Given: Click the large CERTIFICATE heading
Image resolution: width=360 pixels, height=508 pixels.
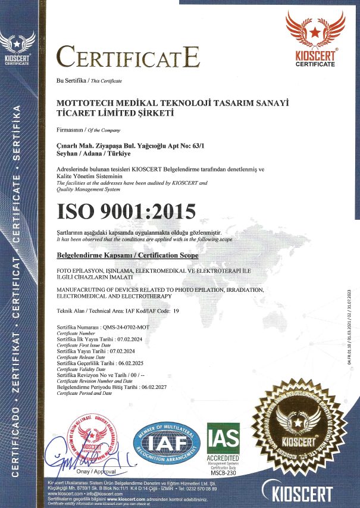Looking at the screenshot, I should tap(127, 57).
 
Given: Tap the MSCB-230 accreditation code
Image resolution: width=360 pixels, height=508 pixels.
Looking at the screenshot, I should tap(223, 474).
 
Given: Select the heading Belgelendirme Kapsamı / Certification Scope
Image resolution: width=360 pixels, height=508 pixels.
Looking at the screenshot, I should tap(127, 254).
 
